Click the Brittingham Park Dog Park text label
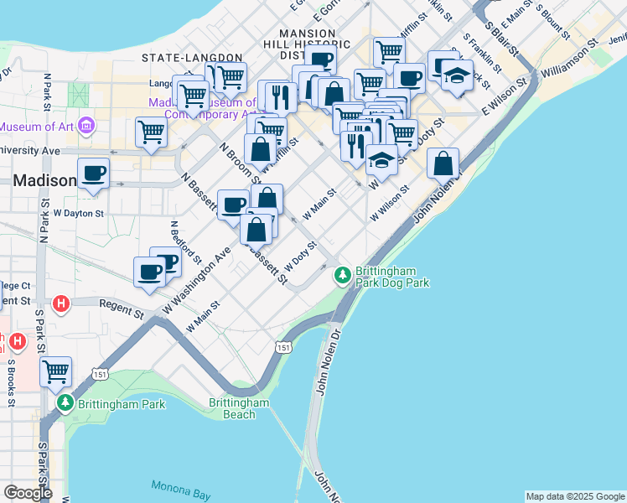392,277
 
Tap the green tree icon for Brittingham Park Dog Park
342,274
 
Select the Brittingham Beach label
239,408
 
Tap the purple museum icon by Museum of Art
86,127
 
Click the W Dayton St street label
79,214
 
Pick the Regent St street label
122,309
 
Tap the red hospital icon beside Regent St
60,303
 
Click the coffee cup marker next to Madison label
94,174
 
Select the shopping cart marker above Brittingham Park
55,371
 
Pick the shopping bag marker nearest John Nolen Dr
443,163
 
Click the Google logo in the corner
28,492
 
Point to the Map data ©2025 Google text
574,496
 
